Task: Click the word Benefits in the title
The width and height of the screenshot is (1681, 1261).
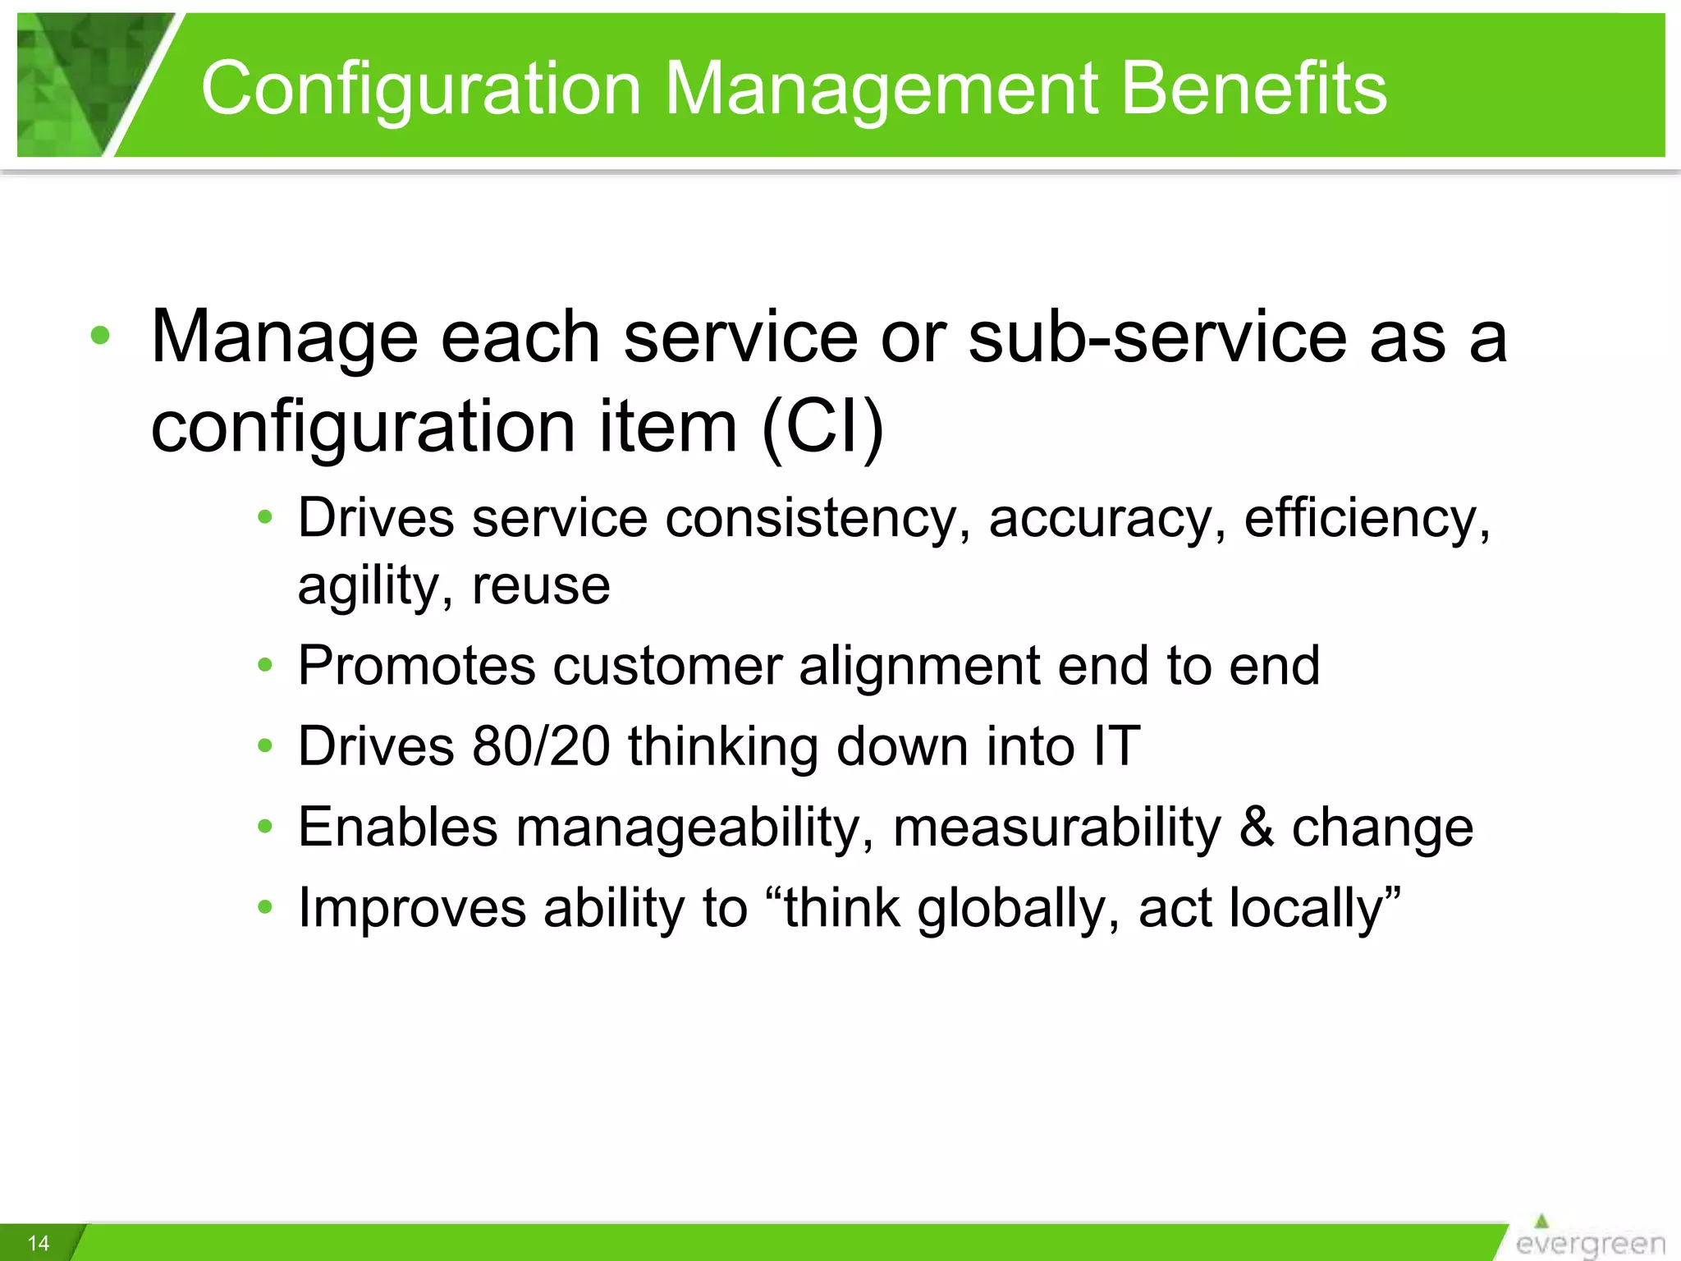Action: pos(1253,89)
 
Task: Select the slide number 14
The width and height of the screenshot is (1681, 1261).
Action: pos(39,1243)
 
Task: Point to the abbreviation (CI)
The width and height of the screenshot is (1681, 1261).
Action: pos(822,427)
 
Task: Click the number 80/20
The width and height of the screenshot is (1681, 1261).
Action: pos(541,746)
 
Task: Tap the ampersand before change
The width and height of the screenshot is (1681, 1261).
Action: pos(1256,827)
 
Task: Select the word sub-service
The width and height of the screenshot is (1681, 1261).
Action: pos(1157,337)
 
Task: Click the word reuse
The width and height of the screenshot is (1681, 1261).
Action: pos(541,586)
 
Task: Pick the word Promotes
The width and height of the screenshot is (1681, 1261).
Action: pos(416,665)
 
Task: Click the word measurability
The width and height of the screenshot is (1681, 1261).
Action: pos(1057,828)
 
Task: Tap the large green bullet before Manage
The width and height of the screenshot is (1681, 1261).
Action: pos(100,336)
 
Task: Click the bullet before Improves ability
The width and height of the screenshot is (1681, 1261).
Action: pos(264,907)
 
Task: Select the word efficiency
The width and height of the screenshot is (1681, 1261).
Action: pos(1367,520)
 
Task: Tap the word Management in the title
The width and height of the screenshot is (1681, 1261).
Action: pos(882,89)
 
